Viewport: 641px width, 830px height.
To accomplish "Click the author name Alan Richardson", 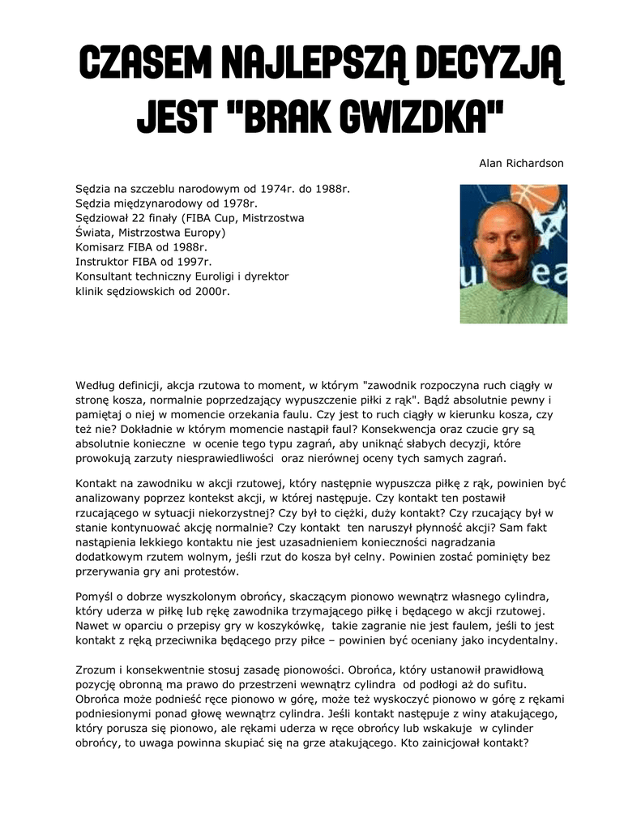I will coord(521,163).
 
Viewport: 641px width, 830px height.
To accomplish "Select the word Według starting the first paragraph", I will coord(96,386).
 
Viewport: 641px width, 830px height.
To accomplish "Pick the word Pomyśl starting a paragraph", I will coord(94,597).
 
